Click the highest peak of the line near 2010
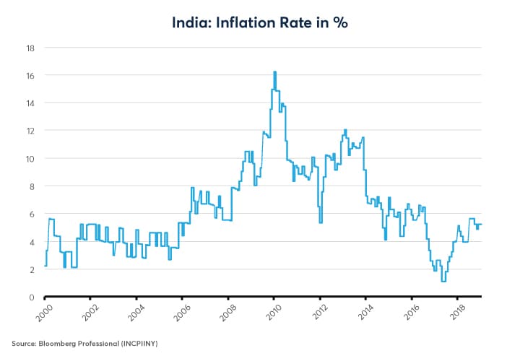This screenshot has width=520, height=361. click(x=275, y=72)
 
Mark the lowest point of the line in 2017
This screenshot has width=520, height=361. click(x=443, y=281)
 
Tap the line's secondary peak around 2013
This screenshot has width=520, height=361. click(x=345, y=130)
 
